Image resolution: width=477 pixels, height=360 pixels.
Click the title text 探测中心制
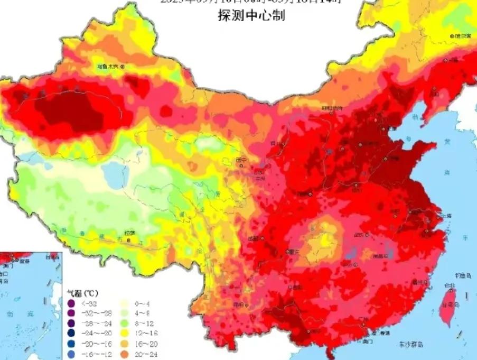click(x=251, y=16)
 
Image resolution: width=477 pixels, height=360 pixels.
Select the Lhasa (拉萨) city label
click(x=129, y=233)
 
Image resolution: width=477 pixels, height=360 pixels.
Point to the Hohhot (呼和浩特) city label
click(x=332, y=108)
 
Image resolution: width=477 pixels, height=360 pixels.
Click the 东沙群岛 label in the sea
click(x=410, y=344)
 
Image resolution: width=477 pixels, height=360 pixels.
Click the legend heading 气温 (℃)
click(x=82, y=292)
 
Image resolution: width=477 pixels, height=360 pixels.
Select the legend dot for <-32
click(x=71, y=303)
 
